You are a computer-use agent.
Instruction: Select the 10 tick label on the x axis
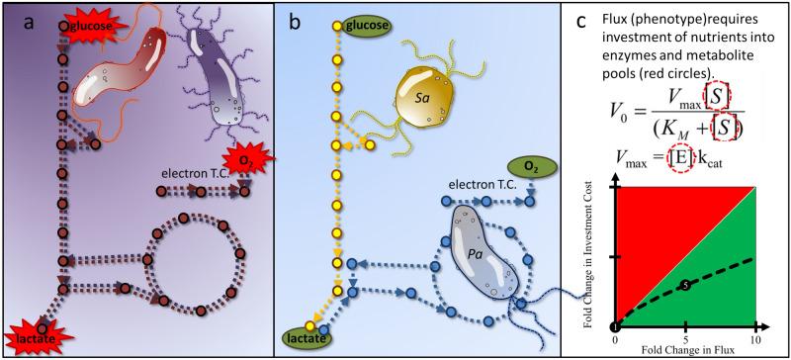pyautogui.click(x=755, y=338)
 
